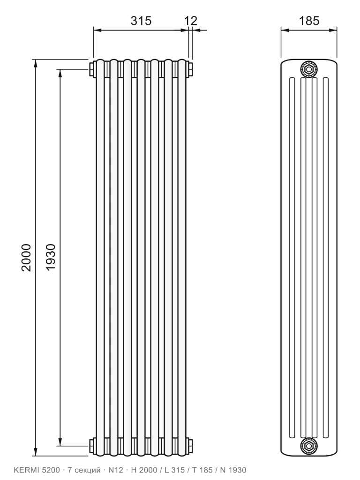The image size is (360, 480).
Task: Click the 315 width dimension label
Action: pyautogui.click(x=141, y=21)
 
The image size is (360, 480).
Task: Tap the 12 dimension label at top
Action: pyautogui.click(x=191, y=21)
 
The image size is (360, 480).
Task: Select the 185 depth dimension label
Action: pyautogui.click(x=309, y=21)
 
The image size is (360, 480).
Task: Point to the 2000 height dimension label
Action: pyautogui.click(x=26, y=257)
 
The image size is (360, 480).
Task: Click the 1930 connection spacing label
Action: pyautogui.click(x=51, y=257)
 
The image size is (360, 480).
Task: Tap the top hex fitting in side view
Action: pyautogui.click(x=309, y=69)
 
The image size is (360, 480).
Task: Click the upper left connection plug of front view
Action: pyautogui.click(x=92, y=69)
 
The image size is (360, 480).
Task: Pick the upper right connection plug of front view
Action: pyautogui.click(x=190, y=69)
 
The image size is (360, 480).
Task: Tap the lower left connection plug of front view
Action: pyautogui.click(x=92, y=446)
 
